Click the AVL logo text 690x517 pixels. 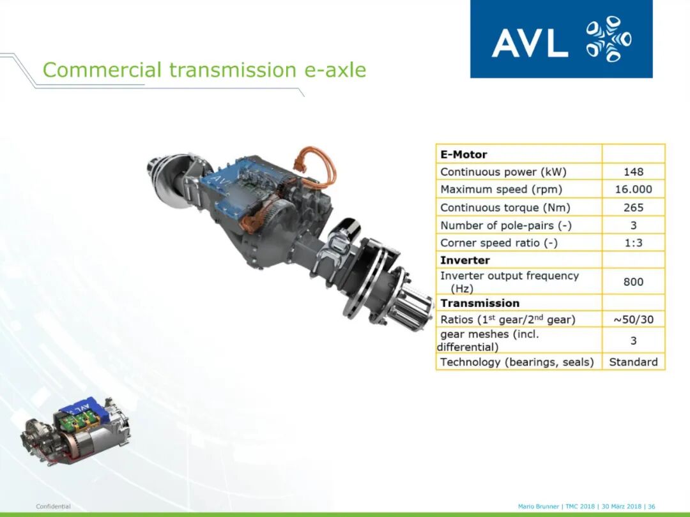[530, 43]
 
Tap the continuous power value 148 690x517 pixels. [633, 172]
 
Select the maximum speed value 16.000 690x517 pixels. [633, 190]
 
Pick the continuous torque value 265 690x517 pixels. [633, 207]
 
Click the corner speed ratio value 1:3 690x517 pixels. [633, 243]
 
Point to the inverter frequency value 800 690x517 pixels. [633, 282]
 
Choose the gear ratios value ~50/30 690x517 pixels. [633, 319]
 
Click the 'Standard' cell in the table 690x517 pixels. [633, 362]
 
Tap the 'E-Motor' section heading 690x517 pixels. [464, 154]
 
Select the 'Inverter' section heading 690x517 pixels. [465, 260]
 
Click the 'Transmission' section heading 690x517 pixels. [480, 303]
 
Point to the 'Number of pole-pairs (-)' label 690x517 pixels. [506, 225]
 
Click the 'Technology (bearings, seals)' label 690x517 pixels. [517, 362]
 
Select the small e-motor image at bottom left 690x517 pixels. [75, 431]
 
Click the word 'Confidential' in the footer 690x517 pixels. [53, 506]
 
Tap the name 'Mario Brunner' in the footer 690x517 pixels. [538, 506]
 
